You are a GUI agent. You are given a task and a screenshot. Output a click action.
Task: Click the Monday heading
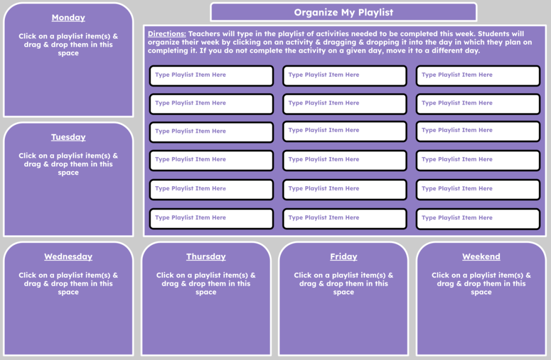pos(68,18)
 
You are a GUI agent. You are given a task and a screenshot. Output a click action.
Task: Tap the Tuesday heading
pos(68,137)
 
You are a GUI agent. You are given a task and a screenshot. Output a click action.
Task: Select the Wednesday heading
pos(68,257)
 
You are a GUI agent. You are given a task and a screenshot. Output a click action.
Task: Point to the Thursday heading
pos(206,257)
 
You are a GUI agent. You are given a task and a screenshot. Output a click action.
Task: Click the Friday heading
pos(343,257)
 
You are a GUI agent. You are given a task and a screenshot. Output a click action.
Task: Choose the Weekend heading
pos(481,257)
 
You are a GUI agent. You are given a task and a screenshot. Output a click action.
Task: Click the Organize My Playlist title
pos(343,12)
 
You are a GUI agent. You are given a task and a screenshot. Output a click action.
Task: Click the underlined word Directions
pos(167,34)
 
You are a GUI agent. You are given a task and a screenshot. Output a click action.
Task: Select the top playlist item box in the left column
pos(211,75)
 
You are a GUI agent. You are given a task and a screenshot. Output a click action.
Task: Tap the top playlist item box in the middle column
pos(344,75)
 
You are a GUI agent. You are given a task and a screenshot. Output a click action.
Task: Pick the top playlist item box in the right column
pos(478,75)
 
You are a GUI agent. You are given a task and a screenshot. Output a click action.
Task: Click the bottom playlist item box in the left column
pos(211,218)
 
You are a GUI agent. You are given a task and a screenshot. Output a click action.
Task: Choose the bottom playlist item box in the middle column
pos(344,218)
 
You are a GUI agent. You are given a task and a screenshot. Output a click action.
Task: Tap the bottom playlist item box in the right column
pos(478,218)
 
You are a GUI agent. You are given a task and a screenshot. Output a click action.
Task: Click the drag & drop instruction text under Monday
pos(68,45)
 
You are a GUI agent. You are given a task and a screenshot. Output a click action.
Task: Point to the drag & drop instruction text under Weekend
pos(481,284)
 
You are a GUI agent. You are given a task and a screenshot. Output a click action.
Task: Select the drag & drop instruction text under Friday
pos(343,284)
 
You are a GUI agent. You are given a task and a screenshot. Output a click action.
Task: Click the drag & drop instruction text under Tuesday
pos(68,164)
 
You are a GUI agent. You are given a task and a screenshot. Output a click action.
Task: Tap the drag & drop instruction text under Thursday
pos(206,284)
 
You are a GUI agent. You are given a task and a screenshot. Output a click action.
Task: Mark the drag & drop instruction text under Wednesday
pos(68,284)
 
